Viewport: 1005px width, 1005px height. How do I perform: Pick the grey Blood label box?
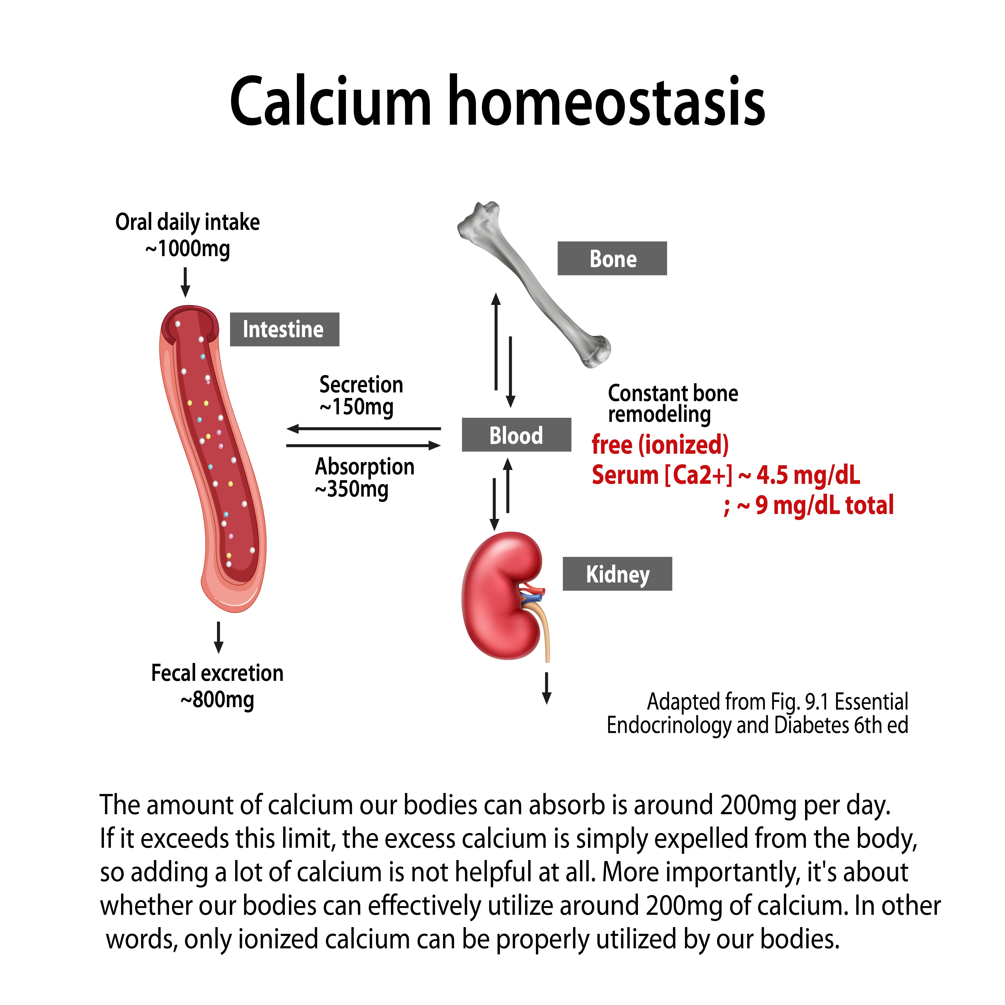pos(516,435)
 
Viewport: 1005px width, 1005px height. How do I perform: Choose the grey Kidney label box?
pos(617,574)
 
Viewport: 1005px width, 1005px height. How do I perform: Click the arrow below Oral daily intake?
pos(185,282)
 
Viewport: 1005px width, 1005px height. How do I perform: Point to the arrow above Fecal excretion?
pos(219,637)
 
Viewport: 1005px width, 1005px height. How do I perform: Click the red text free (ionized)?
pos(660,445)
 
